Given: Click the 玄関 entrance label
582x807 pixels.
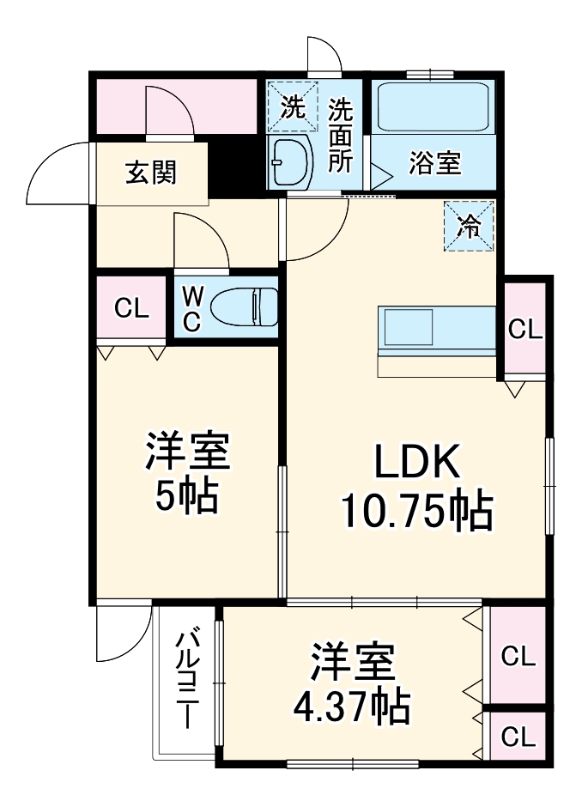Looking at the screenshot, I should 151,173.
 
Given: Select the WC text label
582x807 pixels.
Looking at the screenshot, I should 191,308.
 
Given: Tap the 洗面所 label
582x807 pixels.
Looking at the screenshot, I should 341,135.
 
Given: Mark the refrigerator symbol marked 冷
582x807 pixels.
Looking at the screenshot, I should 469,225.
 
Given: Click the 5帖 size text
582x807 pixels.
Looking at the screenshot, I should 186,495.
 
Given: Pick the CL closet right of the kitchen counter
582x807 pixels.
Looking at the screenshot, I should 525,329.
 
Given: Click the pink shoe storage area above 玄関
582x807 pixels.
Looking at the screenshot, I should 176,106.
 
